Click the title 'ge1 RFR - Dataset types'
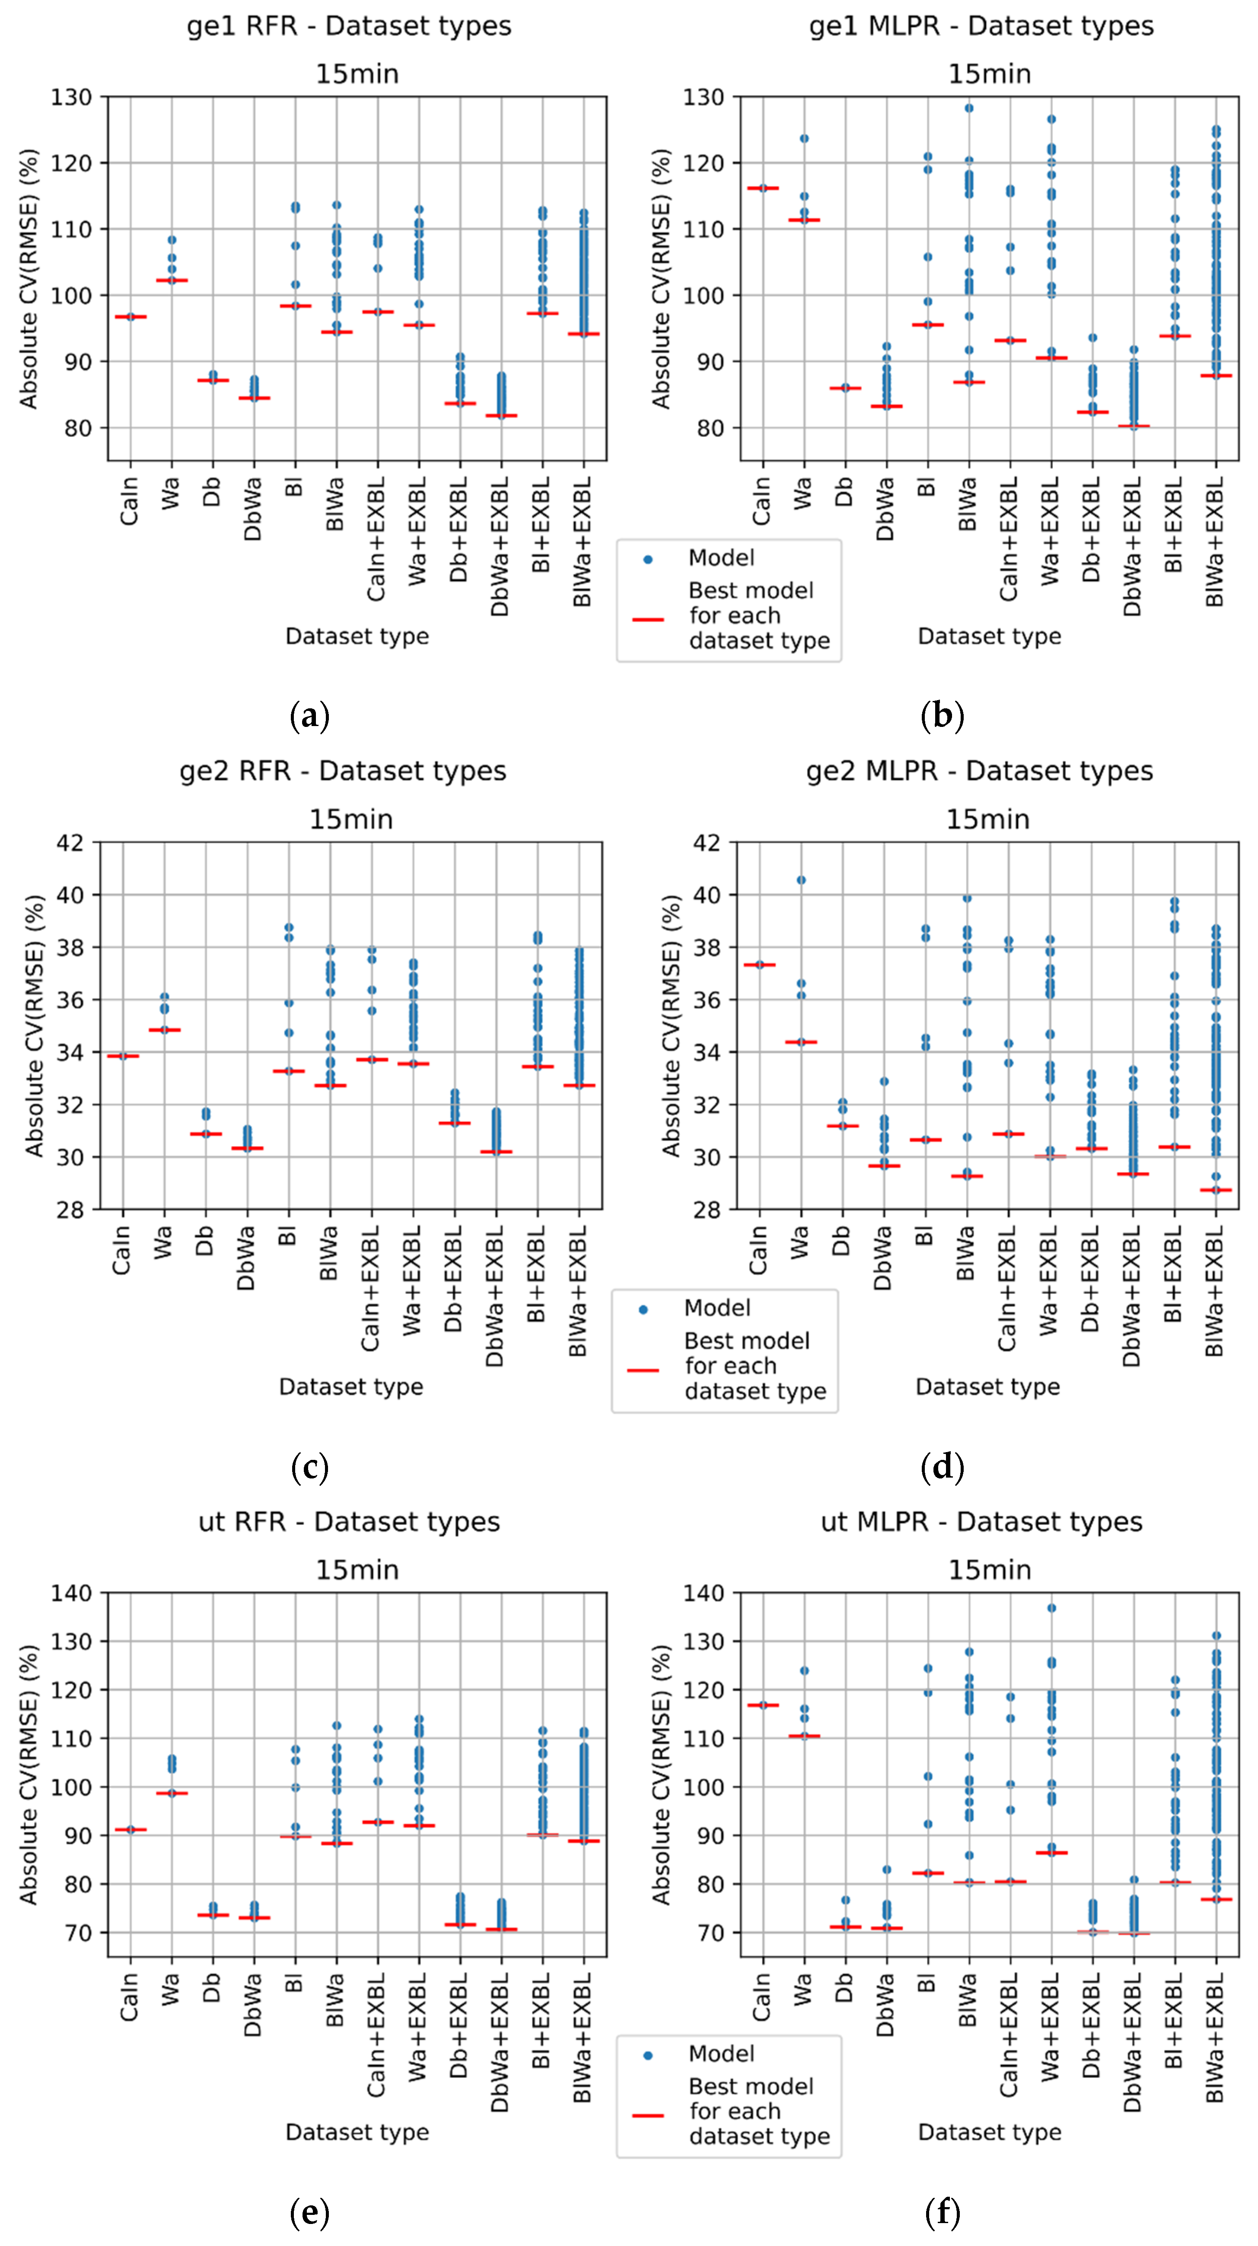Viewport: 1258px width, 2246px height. [x=349, y=26]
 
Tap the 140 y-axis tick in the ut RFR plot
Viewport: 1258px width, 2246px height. [x=71, y=1593]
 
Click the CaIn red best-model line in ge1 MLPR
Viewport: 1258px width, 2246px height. [x=763, y=188]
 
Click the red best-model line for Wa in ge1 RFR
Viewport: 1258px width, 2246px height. [x=172, y=281]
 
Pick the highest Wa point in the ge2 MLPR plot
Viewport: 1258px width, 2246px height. [x=801, y=880]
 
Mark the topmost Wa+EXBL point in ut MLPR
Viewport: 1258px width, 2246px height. [x=1051, y=1608]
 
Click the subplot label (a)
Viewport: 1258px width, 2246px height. [x=309, y=717]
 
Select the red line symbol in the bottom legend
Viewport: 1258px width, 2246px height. [x=648, y=2115]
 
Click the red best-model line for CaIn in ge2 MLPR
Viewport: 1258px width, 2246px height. [x=759, y=965]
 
